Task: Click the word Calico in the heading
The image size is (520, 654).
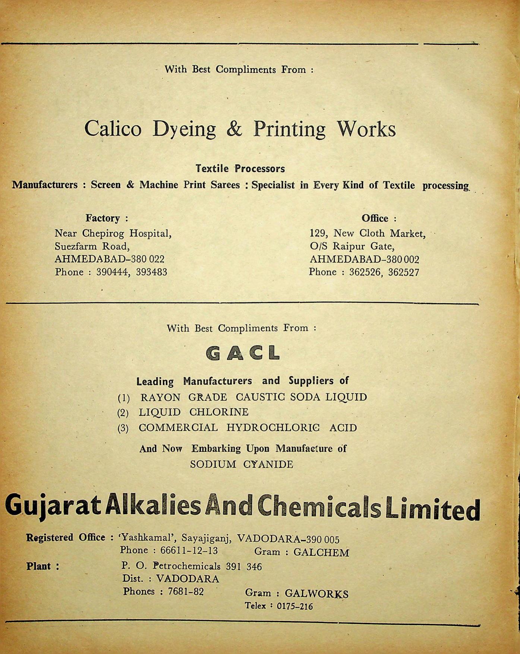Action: coord(113,129)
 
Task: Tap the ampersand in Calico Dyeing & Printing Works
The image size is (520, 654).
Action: coord(234,129)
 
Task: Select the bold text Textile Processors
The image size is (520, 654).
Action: coord(240,169)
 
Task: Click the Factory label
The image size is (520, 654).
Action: coord(103,218)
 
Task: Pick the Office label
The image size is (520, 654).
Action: coord(375,218)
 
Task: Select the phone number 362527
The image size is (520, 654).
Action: coord(404,272)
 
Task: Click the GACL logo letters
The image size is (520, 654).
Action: coord(243,353)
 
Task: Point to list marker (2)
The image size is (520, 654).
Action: coord(123,413)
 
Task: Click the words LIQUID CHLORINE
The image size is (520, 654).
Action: coord(193,412)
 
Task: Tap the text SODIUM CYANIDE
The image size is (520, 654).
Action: coord(242,464)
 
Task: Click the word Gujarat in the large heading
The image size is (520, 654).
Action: coord(52,508)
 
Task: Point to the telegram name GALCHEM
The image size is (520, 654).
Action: coord(321,552)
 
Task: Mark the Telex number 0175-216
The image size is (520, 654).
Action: coord(295,606)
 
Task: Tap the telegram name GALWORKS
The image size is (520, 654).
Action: coord(316,594)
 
